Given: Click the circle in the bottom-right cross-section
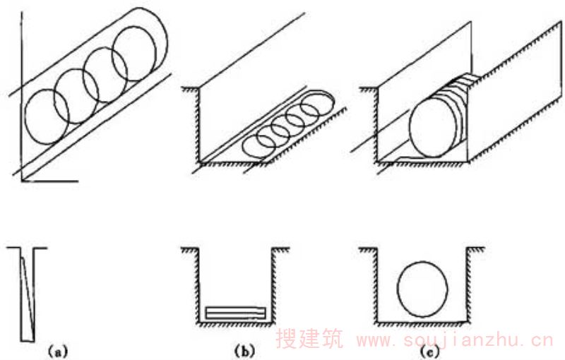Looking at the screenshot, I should (423, 289).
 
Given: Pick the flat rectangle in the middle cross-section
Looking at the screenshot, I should (235, 312).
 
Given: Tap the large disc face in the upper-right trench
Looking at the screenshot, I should (432, 126).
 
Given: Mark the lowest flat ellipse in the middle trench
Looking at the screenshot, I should (258, 145).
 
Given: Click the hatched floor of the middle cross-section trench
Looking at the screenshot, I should (235, 326).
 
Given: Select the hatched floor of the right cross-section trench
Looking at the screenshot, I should (422, 326).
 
